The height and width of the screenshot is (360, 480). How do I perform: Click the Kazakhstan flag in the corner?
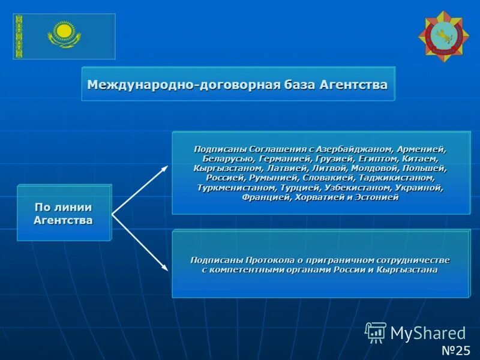point(64,36)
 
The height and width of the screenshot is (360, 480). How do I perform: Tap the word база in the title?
point(298,85)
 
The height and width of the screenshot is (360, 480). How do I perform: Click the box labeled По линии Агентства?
point(64,213)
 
